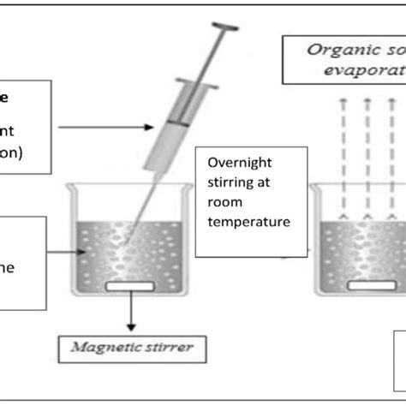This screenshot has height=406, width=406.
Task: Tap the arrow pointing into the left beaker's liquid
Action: (x=64, y=251)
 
